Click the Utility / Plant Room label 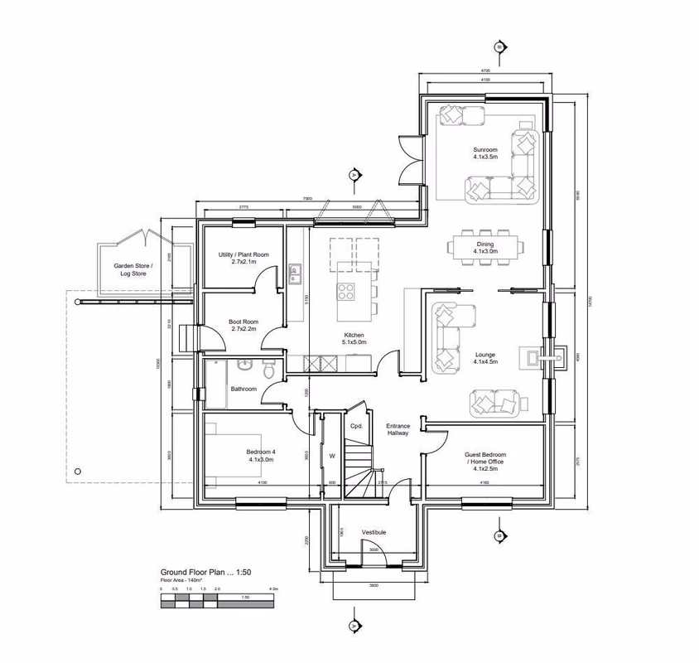243,258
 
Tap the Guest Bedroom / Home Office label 484,459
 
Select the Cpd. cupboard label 357,426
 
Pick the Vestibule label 374,532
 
